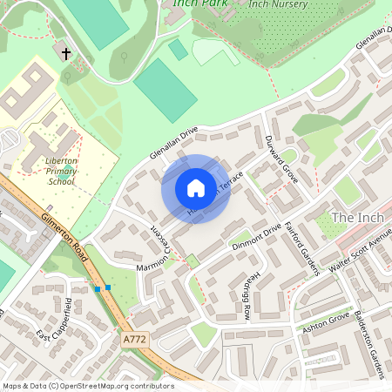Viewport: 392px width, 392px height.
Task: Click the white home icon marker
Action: [x=196, y=188]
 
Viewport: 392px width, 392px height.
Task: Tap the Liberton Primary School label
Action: [x=60, y=171]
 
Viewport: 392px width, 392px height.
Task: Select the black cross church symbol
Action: [x=66, y=53]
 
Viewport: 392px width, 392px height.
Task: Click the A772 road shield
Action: [x=136, y=337]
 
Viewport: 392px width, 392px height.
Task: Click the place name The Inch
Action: [x=356, y=217]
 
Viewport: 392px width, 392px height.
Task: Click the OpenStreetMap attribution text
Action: [x=87, y=385]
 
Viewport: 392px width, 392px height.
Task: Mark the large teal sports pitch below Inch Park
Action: [x=165, y=90]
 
